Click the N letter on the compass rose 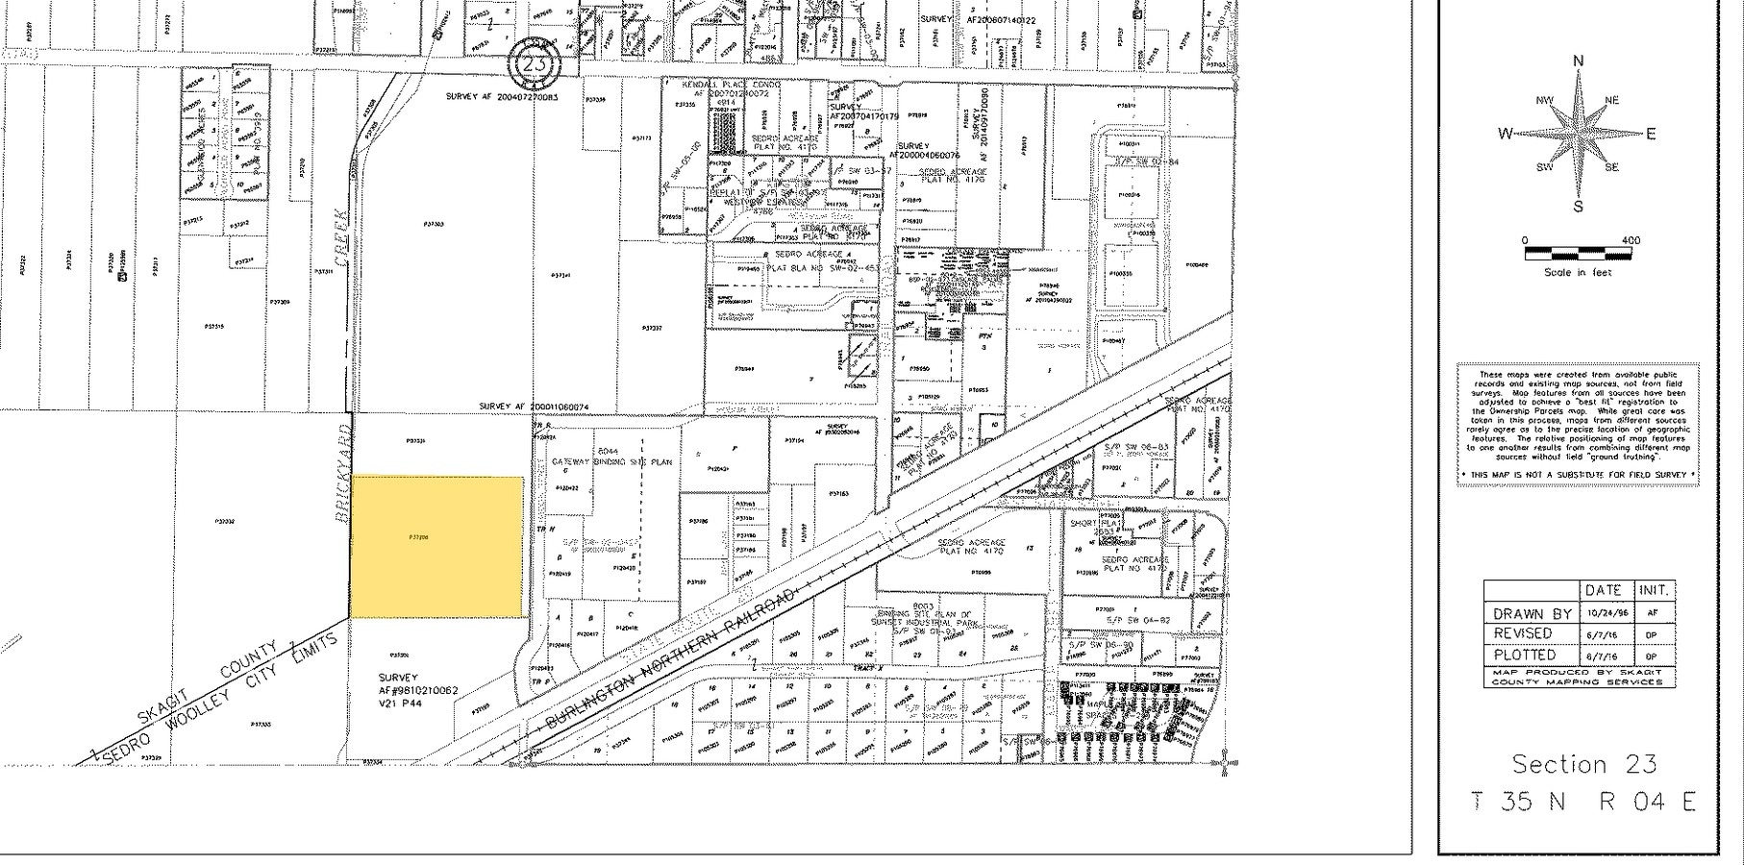coord(1578,62)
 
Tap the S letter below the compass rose coord(1578,207)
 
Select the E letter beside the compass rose coord(1651,134)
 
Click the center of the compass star coord(1578,134)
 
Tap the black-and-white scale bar coord(1578,255)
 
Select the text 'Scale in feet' coord(1578,273)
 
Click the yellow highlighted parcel coord(437,546)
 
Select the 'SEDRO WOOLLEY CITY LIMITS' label coord(221,698)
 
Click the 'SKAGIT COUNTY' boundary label coord(208,683)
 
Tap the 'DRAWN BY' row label coord(1532,613)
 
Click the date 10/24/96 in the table coord(1604,613)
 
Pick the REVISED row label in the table coord(1523,633)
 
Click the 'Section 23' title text coord(1583,764)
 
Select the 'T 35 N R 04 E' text coord(1583,801)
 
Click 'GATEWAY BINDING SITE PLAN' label coord(612,462)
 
